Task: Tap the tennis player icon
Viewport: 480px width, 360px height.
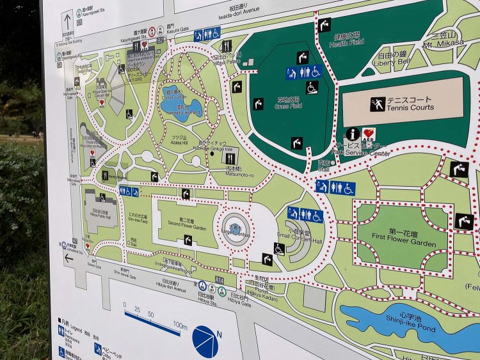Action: [x=377, y=104]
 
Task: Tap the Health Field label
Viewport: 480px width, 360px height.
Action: [x=348, y=42]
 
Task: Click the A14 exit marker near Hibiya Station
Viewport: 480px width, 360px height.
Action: [x=220, y=280]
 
